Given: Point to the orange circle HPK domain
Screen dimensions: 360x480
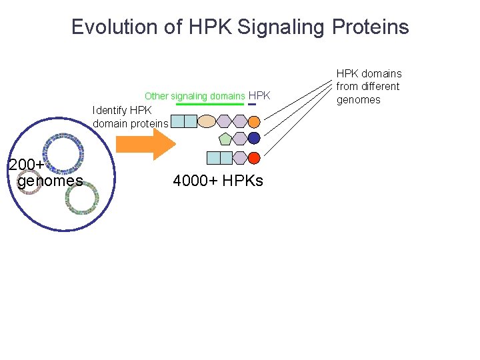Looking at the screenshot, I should (254, 121).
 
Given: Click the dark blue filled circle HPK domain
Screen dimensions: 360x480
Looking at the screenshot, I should (254, 139).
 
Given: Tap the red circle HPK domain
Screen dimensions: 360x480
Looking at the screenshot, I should (254, 158).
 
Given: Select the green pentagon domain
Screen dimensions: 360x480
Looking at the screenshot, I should (225, 139).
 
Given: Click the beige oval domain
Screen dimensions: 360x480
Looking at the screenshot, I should (207, 121).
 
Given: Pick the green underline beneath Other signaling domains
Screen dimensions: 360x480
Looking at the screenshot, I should (210, 104).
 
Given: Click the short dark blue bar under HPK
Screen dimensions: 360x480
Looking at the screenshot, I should (251, 104).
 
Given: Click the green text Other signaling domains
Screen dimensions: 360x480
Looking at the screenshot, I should (195, 96).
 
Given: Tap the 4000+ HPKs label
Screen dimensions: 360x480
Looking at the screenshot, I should (218, 181).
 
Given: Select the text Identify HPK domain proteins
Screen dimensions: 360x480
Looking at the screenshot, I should (131, 117).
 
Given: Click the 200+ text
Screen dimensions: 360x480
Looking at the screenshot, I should (27, 165).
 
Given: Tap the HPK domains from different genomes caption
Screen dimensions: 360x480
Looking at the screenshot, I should (369, 87).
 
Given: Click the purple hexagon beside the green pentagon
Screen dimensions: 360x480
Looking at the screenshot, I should (239, 139).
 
